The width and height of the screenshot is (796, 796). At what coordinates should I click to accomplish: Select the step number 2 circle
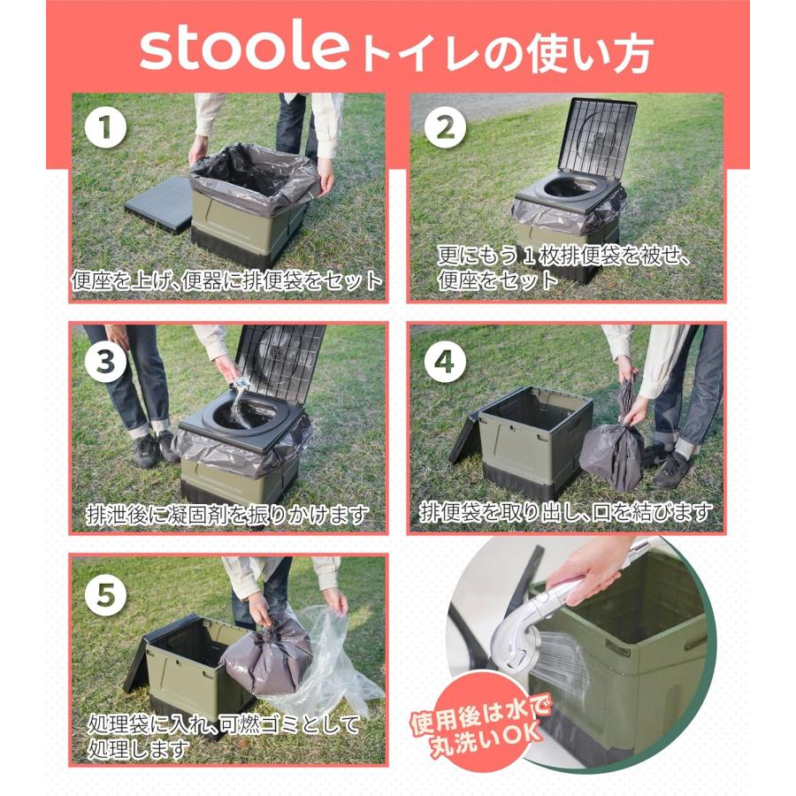[x=445, y=129]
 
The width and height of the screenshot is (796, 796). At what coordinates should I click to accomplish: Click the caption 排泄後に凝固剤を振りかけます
[x=227, y=515]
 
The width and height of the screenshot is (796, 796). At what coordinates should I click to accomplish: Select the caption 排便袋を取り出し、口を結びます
[x=566, y=512]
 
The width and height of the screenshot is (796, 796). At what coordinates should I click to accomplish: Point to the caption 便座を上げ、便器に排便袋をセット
[x=227, y=281]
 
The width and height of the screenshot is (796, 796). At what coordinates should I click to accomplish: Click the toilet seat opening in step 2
[x=568, y=188]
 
